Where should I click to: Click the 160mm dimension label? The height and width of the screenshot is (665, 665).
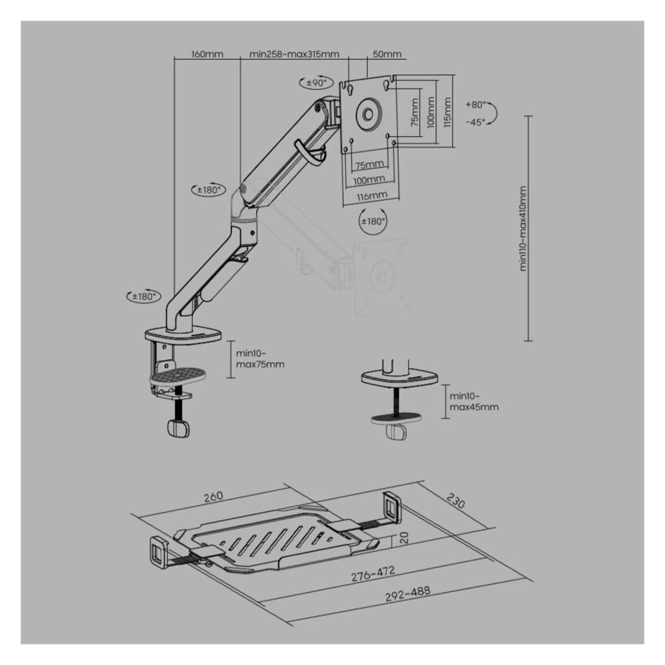207,55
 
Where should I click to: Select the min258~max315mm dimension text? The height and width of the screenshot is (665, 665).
295,55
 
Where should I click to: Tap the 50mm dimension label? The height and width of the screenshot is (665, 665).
387,55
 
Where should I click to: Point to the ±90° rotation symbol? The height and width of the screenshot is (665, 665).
317,82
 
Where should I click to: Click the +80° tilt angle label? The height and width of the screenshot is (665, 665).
475,104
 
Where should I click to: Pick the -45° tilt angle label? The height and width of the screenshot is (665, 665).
475,122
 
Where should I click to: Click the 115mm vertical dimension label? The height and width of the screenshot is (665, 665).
447,112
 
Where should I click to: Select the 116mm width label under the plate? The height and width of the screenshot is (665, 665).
372,196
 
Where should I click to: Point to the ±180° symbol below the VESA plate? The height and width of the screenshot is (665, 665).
373,221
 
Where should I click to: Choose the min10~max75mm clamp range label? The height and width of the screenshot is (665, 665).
260,359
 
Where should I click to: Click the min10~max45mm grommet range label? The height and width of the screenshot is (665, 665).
473,402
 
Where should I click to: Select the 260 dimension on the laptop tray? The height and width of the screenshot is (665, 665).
213,497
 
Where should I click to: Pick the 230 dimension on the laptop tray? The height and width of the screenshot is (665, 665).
456,501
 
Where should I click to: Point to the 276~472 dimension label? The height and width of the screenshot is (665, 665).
373,573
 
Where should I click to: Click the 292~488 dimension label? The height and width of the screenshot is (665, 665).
408,593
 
